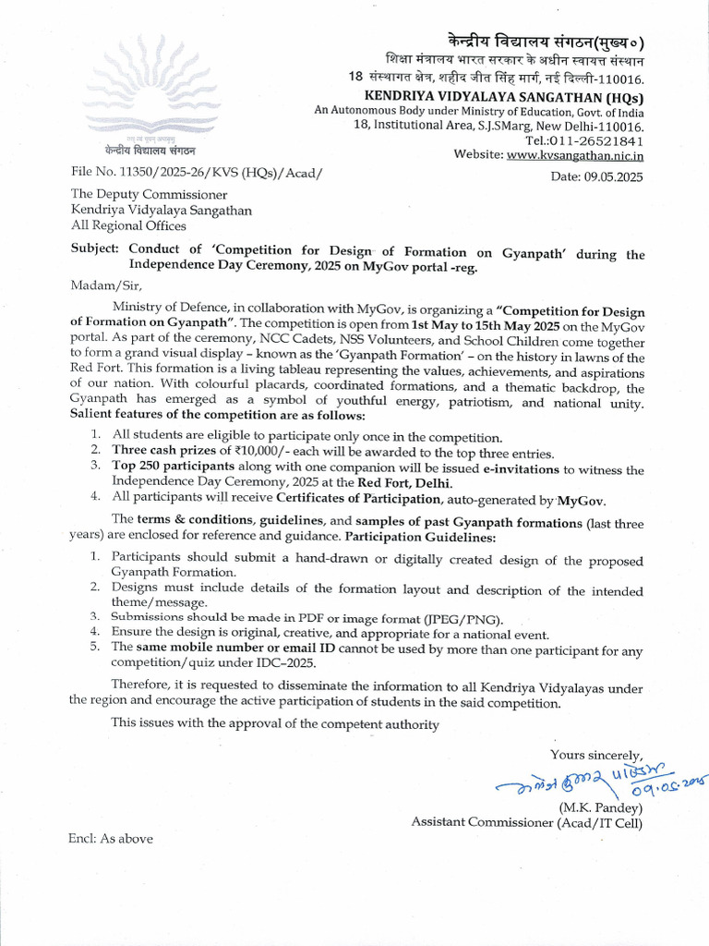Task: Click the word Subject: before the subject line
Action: click(95, 250)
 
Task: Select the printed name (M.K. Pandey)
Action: click(599, 807)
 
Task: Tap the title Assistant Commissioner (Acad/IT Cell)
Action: click(527, 821)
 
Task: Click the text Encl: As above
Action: click(111, 839)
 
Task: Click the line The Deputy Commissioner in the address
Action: click(150, 194)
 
